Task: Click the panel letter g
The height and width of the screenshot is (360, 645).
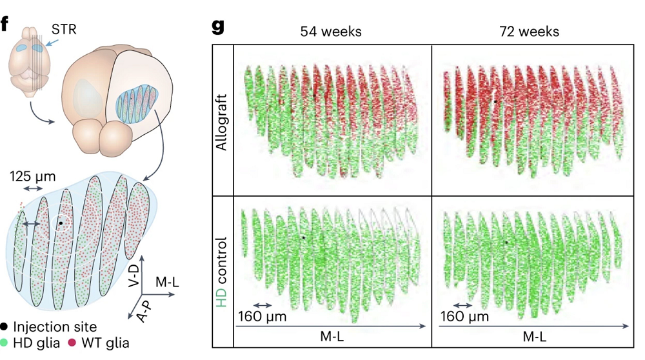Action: point(219,28)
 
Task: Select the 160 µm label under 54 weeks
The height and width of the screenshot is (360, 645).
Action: point(262,317)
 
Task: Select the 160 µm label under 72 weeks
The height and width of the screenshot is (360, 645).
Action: point(465,317)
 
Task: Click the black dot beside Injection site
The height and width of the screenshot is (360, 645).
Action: point(5,327)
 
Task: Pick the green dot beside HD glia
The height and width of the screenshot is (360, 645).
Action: point(5,343)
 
